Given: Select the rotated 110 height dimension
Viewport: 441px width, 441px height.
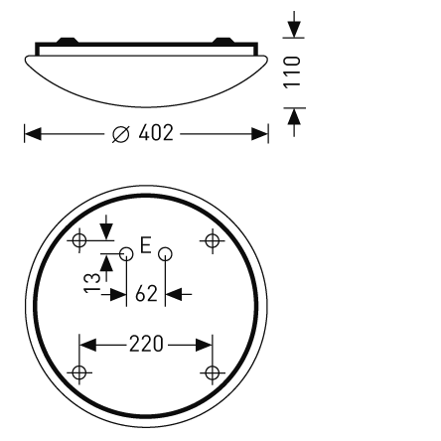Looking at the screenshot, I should coord(293,72).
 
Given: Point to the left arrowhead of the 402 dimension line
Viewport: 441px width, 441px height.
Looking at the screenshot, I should coord(31,132).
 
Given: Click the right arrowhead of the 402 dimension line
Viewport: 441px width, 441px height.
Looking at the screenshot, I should coord(262,132).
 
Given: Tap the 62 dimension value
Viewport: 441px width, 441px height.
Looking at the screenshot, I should coord(145,294).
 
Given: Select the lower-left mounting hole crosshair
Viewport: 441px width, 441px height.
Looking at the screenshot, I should coord(80,372).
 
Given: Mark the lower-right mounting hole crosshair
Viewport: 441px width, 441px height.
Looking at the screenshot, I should coord(211,372).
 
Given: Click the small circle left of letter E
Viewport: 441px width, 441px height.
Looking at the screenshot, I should coord(126,254).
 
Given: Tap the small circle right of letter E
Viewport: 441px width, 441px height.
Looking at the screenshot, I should coord(165,254).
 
